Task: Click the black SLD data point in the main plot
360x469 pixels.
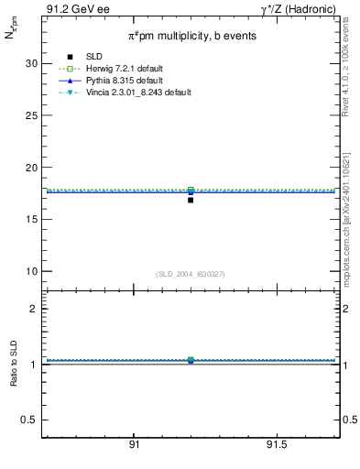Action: pos(191,200)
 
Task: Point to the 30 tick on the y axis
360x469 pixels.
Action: pos(30,63)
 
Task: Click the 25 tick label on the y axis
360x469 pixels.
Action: pos(30,115)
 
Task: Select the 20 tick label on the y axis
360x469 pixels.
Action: pos(30,168)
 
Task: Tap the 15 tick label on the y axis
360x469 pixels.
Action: pos(30,220)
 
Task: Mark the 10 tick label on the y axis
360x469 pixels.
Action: pos(30,272)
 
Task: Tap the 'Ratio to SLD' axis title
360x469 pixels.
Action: pos(14,364)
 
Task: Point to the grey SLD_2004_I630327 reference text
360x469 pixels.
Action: pos(191,274)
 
